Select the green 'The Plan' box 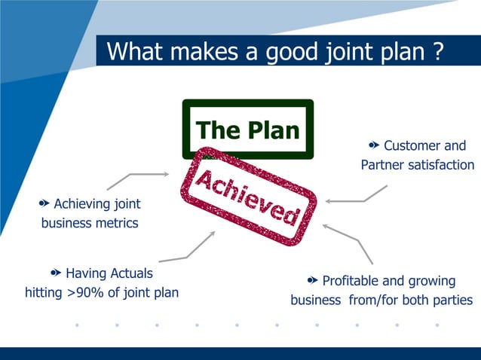pyautogui.click(x=248, y=130)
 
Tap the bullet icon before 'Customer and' pyautogui.click(x=374, y=145)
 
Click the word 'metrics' pyautogui.click(x=115, y=223)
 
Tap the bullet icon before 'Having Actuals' pyautogui.click(x=56, y=272)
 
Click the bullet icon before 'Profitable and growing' pyautogui.click(x=312, y=280)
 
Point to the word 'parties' pyautogui.click(x=451, y=300)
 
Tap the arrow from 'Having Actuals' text pyautogui.click(x=188, y=249)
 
